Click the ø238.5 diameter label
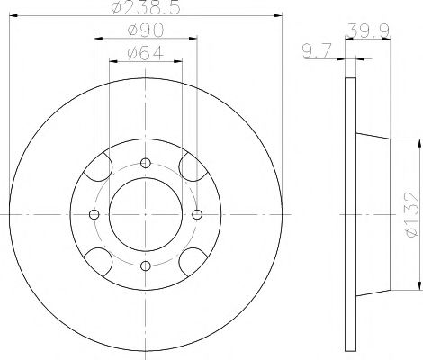[146, 7]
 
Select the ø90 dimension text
[146, 31]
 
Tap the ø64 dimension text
[146, 53]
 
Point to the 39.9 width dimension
[368, 31]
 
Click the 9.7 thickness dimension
[317, 50]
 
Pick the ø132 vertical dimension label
[411, 214]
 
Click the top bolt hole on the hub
[146, 163]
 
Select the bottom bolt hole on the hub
[146, 265]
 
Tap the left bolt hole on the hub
[94, 214]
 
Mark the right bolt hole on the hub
[197, 214]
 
